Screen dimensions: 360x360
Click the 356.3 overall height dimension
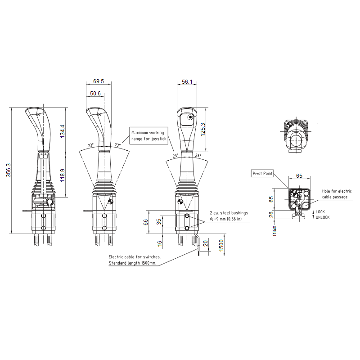pos(9,170)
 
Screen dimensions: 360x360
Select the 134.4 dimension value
pos(63,131)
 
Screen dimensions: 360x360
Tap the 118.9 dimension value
pos(63,175)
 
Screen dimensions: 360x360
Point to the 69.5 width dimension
pos(99,81)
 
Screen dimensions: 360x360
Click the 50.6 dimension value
pos(95,94)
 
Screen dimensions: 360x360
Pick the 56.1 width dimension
pos(187,82)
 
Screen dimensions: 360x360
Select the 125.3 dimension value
pos(203,130)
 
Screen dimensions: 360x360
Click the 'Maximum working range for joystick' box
pos(149,136)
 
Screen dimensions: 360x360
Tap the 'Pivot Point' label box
pos(262,173)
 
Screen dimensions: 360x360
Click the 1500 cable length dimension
pos(221,245)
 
